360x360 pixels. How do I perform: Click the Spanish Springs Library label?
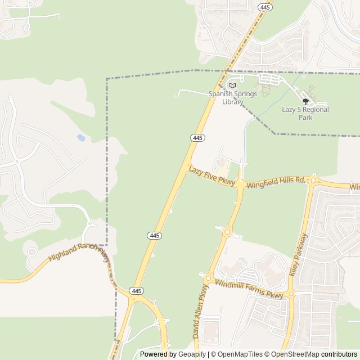click(232, 98)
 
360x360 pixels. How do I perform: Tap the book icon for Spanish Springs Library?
click(232, 85)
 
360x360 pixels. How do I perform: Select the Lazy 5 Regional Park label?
click(305, 113)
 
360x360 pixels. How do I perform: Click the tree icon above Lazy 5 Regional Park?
click(305, 102)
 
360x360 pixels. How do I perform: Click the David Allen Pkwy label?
click(200, 318)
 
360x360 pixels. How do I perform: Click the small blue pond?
click(82, 137)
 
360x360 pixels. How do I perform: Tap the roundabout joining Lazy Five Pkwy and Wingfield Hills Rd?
click(240, 183)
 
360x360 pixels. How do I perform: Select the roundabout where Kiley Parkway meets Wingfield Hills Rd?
click(314, 181)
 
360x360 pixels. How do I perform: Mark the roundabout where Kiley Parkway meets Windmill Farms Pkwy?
click(291, 294)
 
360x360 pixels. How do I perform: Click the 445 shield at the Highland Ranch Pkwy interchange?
click(135, 291)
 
